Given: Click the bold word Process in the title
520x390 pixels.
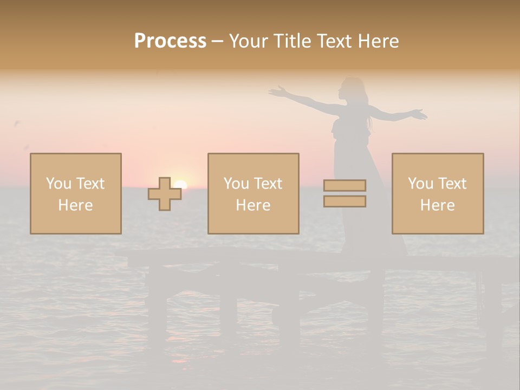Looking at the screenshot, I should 170,41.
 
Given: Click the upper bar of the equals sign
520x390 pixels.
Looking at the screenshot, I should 344,185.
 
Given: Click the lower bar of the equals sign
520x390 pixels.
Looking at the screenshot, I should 344,201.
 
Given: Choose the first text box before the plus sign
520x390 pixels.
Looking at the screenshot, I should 75,193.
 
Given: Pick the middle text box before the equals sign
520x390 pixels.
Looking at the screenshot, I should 253,193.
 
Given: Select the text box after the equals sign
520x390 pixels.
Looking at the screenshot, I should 437,193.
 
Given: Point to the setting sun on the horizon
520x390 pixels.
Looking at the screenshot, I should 180,185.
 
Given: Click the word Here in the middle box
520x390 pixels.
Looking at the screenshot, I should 253,205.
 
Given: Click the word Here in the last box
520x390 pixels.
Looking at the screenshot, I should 437,205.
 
